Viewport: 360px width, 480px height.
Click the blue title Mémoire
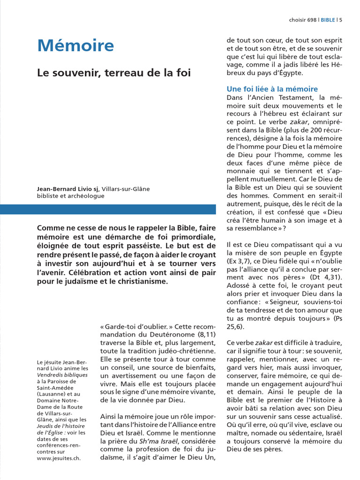75,46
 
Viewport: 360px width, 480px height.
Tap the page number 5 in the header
340,20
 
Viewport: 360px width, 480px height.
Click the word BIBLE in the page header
328,20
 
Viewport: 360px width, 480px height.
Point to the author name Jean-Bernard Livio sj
68,189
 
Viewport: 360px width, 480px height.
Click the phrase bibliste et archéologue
70,196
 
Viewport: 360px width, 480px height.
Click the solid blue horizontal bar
108,209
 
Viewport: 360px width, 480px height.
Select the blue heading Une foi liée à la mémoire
272,89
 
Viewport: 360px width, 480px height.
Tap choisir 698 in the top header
303,20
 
